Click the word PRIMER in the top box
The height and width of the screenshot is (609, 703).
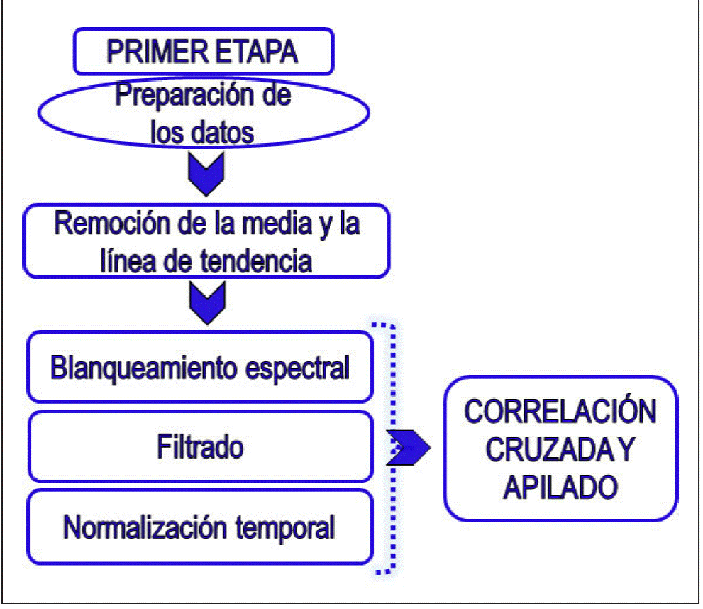pos(150,52)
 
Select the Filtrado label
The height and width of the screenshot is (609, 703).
pos(200,447)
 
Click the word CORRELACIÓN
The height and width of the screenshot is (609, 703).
pos(561,412)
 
